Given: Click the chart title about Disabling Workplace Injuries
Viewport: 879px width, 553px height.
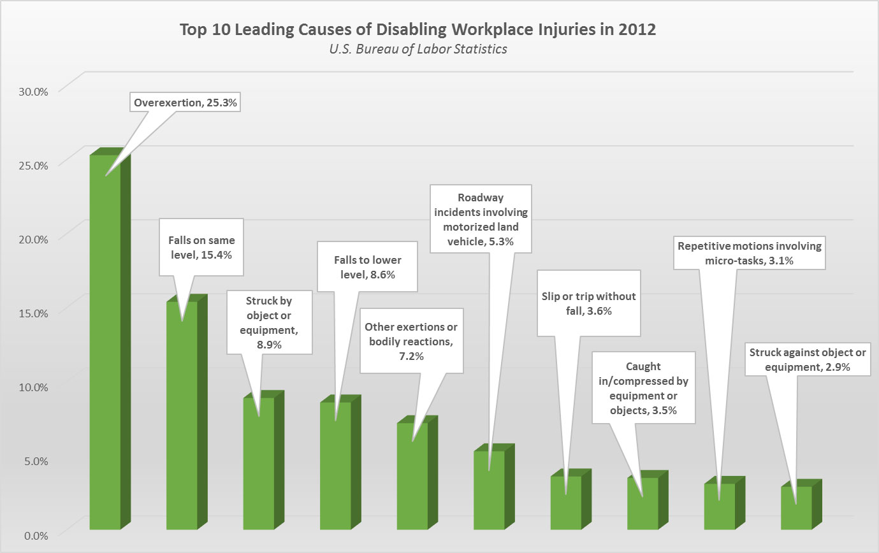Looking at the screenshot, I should point(418,30).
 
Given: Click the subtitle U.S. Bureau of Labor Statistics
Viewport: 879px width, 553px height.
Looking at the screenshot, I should point(418,49).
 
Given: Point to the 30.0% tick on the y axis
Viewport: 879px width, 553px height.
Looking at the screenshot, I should point(31,91).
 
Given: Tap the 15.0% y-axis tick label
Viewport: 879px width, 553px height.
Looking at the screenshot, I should point(31,313).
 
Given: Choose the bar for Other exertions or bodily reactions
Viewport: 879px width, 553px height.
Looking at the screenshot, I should point(412,481).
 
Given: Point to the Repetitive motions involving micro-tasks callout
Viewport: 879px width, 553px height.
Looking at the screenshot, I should point(749,253).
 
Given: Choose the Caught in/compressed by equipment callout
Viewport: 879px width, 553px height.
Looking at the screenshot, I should point(643,389).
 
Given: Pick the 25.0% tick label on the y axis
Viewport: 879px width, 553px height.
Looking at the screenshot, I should point(31,165).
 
